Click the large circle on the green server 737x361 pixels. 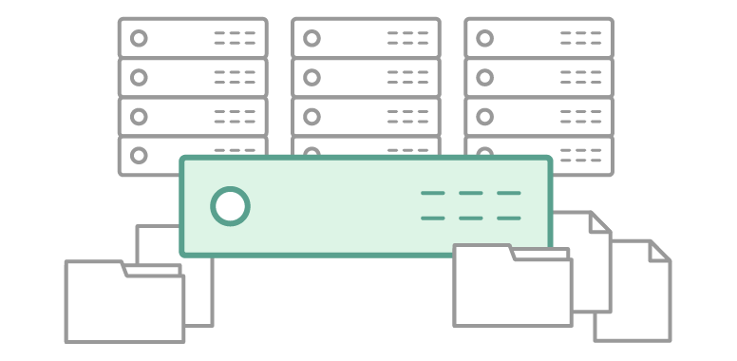tap(231, 206)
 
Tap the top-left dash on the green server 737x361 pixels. tap(432, 194)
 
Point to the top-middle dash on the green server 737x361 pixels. tap(470, 194)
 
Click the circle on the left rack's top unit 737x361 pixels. tap(140, 39)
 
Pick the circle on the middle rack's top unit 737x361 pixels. tap(312, 39)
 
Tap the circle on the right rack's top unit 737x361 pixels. tap(485, 39)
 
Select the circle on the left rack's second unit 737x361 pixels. tap(140, 77)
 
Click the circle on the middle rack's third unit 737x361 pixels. tap(312, 116)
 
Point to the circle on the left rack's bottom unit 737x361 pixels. tap(140, 154)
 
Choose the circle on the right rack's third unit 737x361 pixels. tap(485, 116)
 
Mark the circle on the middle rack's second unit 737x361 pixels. tap(312, 77)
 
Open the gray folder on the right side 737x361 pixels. tap(512, 290)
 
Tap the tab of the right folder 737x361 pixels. tap(482, 251)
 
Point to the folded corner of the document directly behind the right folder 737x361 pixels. tap(600, 221)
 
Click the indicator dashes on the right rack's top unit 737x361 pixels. tap(580, 39)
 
